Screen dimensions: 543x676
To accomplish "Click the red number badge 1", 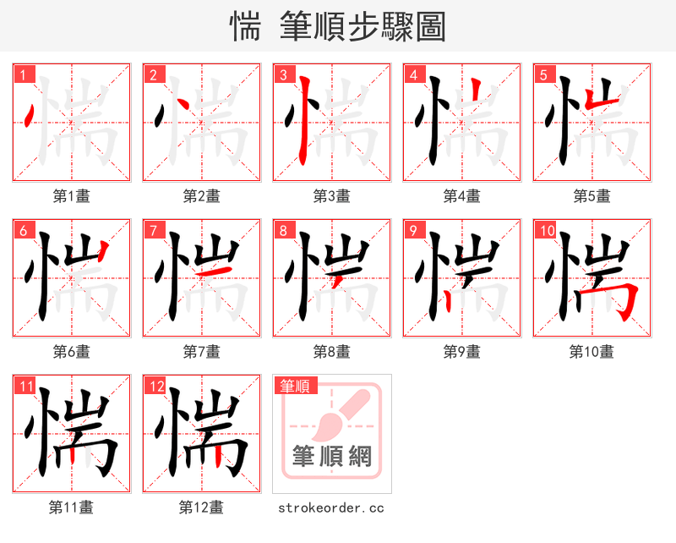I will pos(23,74).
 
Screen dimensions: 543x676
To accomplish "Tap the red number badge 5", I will pos(543,74).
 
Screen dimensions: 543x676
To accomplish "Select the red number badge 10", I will pos(546,230).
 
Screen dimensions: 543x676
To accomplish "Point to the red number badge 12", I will pos(155,386).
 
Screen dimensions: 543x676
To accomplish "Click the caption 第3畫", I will pos(331,196).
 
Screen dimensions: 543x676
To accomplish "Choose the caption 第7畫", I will pos(201,352).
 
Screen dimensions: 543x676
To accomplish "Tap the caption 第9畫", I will pos(461,352).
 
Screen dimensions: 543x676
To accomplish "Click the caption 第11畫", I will pos(71,507).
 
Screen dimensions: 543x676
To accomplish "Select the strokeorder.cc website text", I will pos(331,507).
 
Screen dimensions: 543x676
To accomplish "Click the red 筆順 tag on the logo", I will pos(295,386).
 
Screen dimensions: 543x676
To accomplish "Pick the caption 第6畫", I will pos(71,352).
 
